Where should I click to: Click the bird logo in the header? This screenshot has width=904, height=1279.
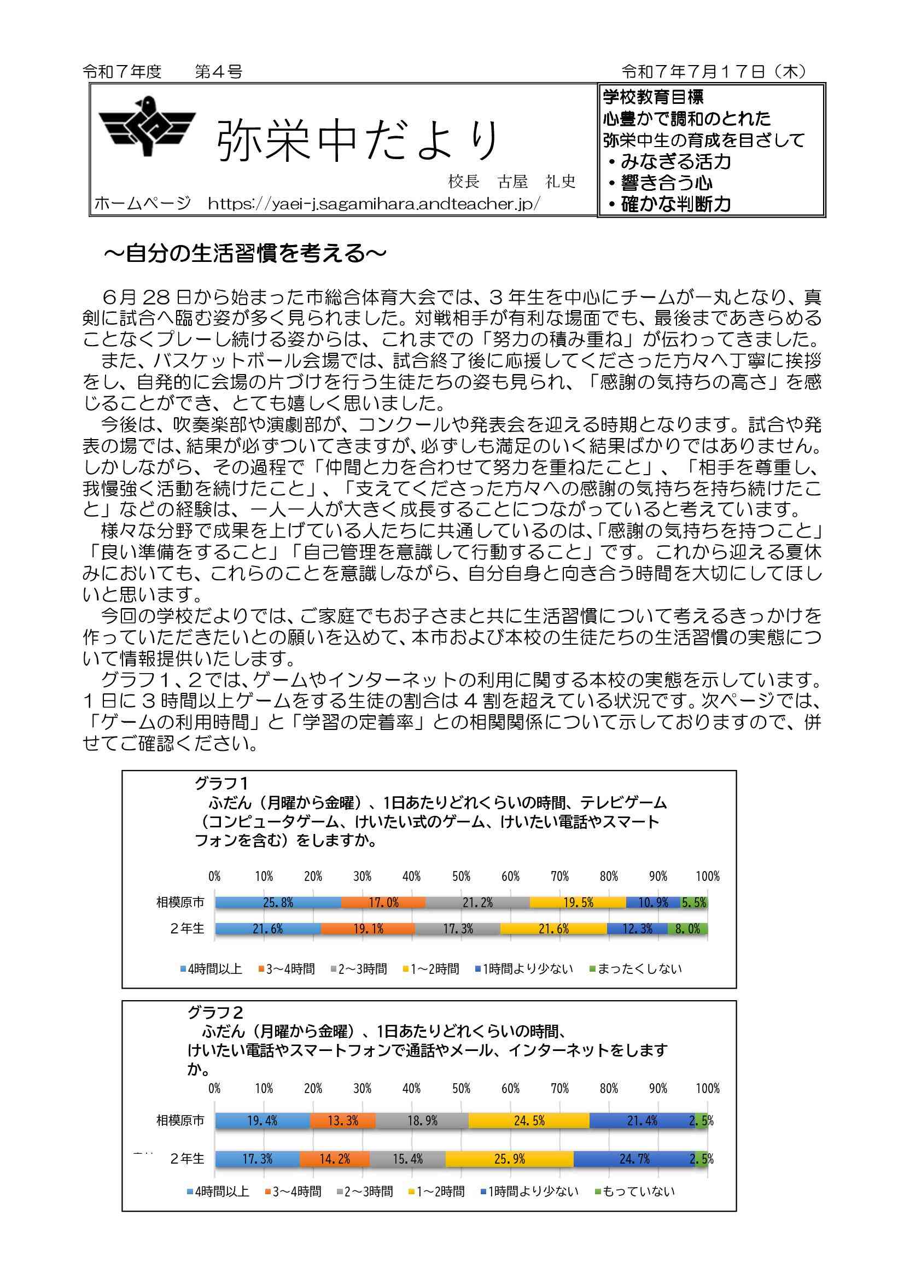coord(148,126)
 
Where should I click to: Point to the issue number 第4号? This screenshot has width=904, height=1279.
coord(218,71)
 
